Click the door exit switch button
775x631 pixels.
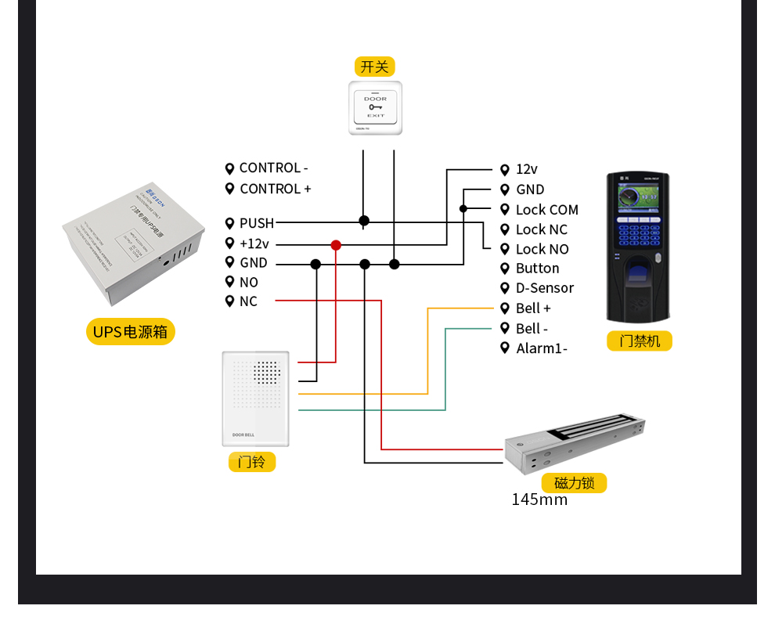coord(375,107)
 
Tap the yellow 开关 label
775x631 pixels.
coord(374,67)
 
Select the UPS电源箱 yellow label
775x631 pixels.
coord(130,331)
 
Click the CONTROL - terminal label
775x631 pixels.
coord(273,168)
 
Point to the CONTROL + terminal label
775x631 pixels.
coord(275,189)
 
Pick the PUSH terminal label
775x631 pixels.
coord(256,224)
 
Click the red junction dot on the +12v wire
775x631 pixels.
coord(336,245)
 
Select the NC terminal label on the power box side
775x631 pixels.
coord(248,301)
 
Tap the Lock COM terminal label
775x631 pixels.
coord(546,210)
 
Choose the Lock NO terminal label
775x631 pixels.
coord(542,249)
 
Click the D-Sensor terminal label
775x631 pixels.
coord(544,288)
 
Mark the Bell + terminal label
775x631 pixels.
coord(533,308)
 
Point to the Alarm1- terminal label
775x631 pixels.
coord(542,348)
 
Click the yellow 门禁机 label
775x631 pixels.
coord(639,341)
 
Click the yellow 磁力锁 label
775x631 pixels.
coord(574,483)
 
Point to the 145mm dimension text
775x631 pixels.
coord(539,499)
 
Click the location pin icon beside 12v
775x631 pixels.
coord(505,169)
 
